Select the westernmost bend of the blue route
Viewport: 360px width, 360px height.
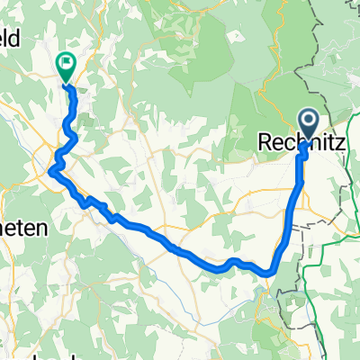click(x=51, y=168)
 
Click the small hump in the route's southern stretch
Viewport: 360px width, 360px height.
click(x=232, y=262)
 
